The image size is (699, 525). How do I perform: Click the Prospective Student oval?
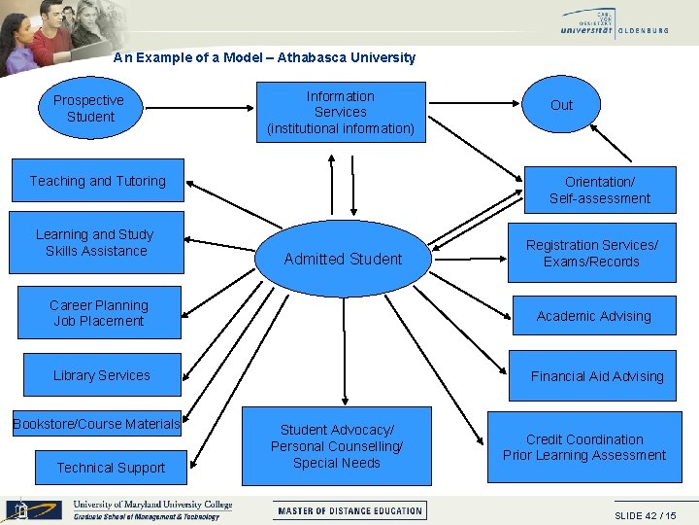88,109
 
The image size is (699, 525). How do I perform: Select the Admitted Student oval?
343,259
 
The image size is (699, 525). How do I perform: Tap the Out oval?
561,105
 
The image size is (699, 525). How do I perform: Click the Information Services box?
341,112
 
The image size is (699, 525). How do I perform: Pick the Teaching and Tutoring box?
97,181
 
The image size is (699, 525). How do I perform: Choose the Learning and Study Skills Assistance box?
96,242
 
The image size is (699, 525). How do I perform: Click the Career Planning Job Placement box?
99,313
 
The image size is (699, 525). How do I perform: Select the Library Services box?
101,375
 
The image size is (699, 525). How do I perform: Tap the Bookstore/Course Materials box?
97,424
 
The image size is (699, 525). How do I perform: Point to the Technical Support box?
111,468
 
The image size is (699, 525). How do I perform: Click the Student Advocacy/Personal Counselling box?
337,446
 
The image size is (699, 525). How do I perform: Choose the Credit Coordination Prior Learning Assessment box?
584,447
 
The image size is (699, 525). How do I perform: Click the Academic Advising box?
593,316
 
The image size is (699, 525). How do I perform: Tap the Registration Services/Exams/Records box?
591,254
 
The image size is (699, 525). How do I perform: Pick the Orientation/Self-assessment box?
599,190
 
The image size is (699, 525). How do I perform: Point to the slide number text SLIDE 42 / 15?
645,515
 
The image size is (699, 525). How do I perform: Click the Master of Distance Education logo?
350,510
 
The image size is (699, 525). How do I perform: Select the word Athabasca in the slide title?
307,57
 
